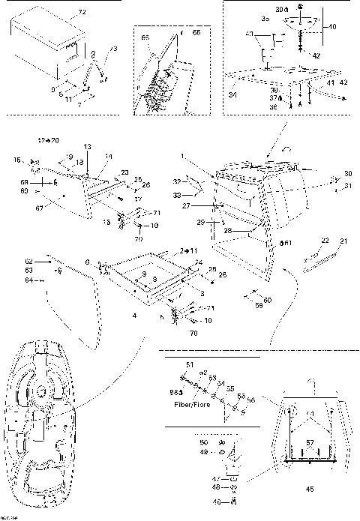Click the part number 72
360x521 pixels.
tap(82, 13)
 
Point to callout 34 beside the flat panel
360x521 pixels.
tap(232, 94)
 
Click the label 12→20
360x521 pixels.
tap(49, 140)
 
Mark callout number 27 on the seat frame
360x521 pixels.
tap(206, 205)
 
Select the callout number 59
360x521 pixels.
tap(259, 304)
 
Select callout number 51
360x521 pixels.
tap(190, 364)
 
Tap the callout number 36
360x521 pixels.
tap(273, 107)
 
